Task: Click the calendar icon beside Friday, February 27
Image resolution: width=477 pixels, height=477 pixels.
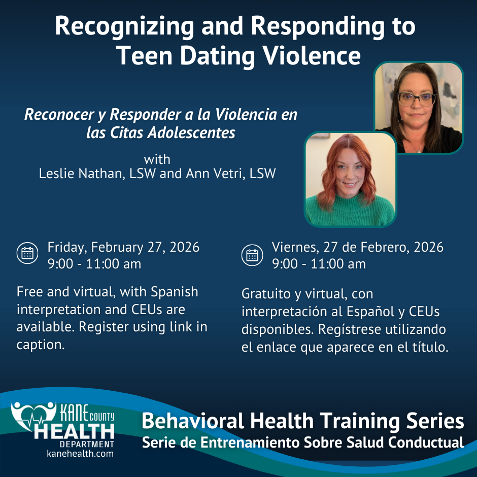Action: (27, 253)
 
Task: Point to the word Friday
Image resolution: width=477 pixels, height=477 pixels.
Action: (66, 248)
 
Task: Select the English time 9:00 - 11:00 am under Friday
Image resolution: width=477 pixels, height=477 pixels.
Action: (94, 264)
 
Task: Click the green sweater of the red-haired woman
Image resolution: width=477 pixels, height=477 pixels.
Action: (350, 210)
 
